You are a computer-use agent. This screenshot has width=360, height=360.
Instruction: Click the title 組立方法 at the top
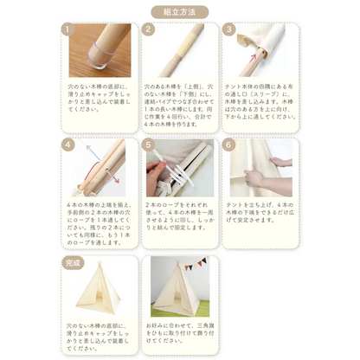179,11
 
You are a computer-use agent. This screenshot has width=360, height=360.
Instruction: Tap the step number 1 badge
67,29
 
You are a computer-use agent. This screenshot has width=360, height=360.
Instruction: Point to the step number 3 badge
228,29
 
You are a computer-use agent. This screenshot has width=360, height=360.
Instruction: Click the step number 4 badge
67,144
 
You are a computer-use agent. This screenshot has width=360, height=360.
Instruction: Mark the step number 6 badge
228,144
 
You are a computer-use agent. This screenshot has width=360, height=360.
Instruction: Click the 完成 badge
73,260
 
